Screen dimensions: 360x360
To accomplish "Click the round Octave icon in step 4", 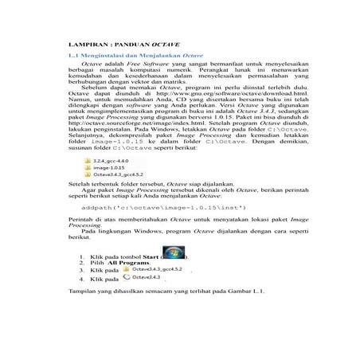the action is click(x=127, y=301).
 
